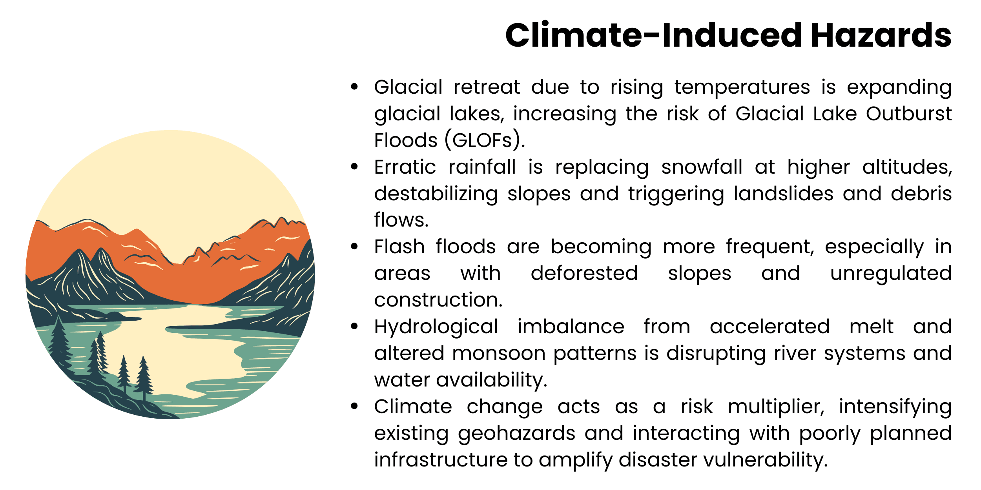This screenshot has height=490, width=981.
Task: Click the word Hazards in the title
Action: coord(881,35)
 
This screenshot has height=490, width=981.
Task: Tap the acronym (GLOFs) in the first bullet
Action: coord(484,140)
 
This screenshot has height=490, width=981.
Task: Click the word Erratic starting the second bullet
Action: coord(405,167)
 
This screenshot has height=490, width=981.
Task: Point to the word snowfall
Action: coord(702,167)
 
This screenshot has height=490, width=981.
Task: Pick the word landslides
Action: coord(783,194)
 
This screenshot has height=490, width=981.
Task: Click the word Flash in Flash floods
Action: coord(399,247)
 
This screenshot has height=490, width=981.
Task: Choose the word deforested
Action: coord(584,273)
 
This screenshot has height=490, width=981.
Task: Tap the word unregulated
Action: coord(891,273)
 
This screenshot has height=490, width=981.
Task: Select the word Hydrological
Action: coord(436,327)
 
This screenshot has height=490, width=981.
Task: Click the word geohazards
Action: coord(516,433)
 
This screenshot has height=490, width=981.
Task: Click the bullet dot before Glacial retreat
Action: coord(354,87)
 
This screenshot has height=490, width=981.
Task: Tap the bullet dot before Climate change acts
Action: coord(354,406)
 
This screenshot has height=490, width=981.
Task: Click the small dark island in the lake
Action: coord(118,316)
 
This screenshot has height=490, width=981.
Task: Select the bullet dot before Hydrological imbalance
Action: coord(354,326)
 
